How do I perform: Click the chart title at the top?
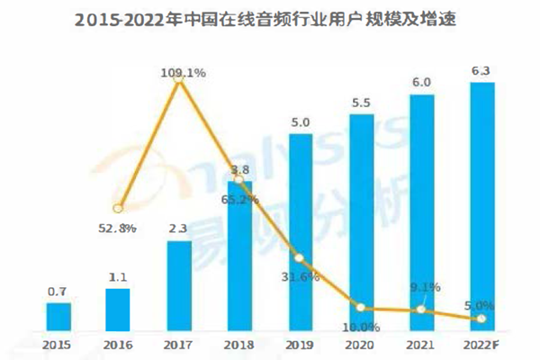(270, 18)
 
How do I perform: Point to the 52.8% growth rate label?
(118, 229)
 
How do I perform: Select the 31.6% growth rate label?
(301, 275)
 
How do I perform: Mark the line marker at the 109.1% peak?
(178, 79)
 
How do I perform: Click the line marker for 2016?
(118, 206)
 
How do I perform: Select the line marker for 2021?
(423, 310)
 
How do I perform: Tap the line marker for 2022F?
(483, 319)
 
